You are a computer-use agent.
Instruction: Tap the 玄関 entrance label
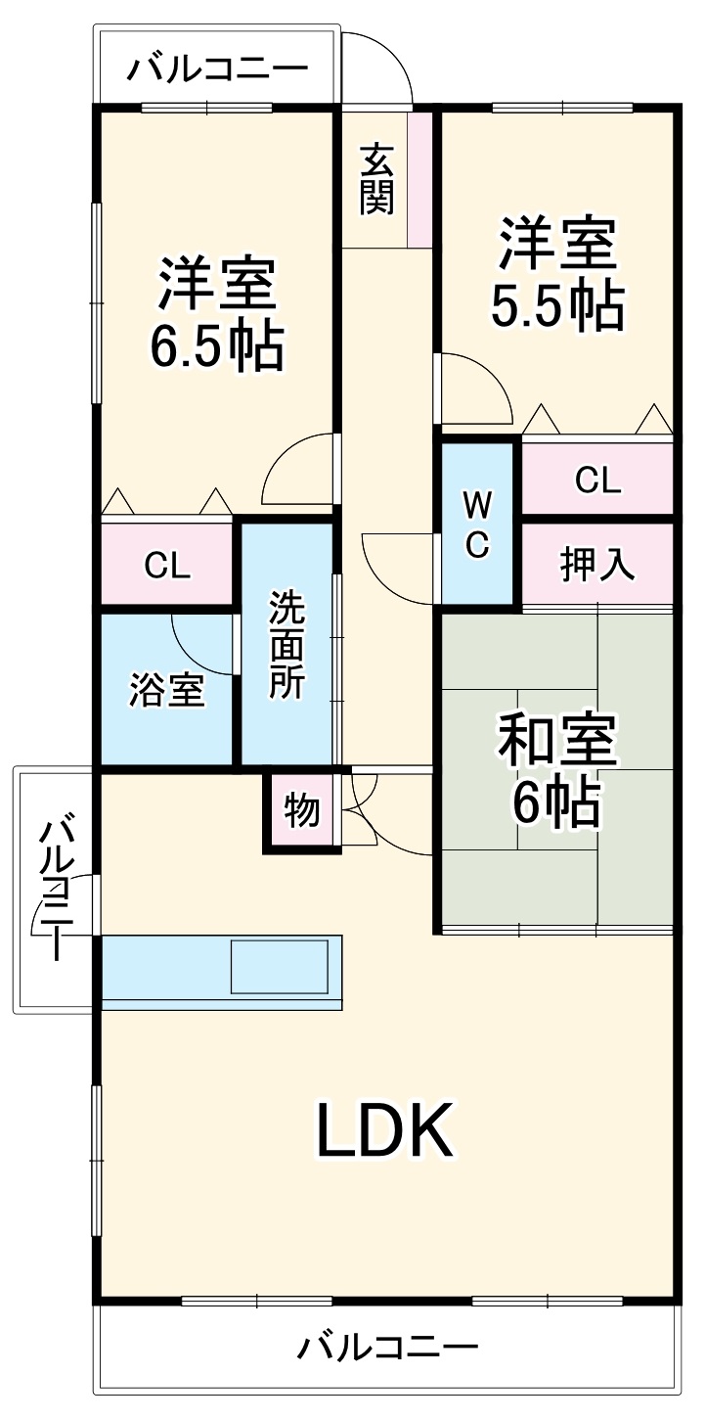[x=376, y=178]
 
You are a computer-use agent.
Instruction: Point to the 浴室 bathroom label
[x=167, y=690]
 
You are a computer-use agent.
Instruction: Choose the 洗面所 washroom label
[x=287, y=644]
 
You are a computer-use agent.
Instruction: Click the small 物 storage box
[x=301, y=810]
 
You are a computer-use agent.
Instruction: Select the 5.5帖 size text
[x=556, y=306]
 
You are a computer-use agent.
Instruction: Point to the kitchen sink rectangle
[x=279, y=967]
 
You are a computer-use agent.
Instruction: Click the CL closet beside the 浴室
[x=167, y=566]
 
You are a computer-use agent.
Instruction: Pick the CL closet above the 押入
[x=597, y=480]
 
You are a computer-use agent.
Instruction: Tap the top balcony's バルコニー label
[x=217, y=69]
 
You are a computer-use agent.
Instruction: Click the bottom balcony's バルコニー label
[x=388, y=1348]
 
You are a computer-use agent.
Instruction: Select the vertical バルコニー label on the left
[x=57, y=889]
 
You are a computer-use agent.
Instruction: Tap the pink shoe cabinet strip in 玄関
[x=419, y=179]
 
